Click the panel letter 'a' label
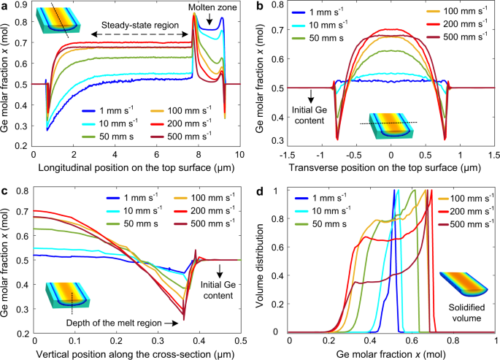tap(5, 6)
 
